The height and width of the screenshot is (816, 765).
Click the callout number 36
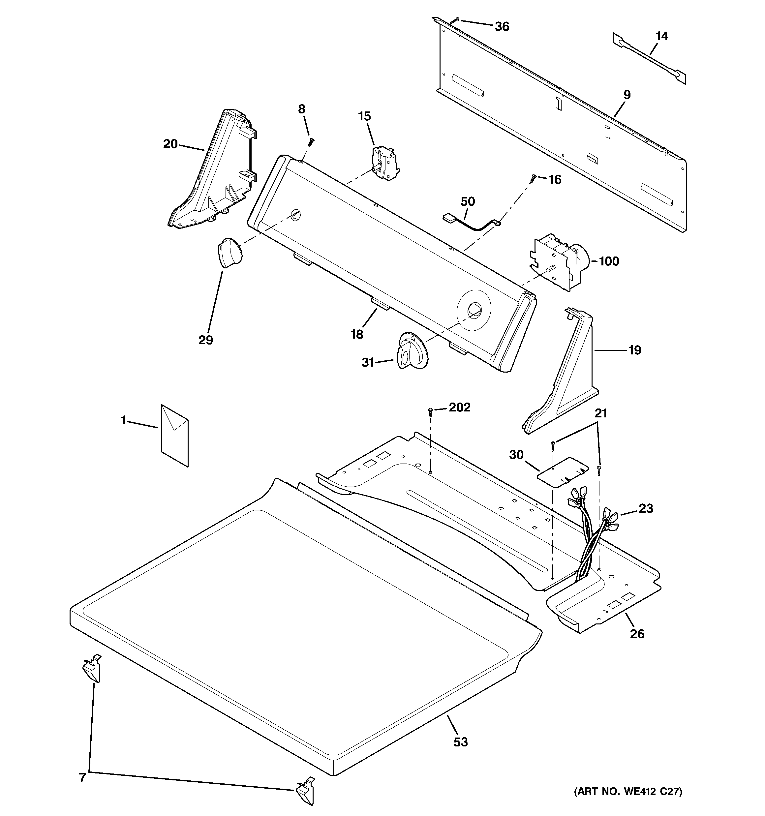(x=502, y=27)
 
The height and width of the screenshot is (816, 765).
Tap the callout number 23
(x=646, y=509)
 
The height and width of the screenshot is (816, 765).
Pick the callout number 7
(x=82, y=778)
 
